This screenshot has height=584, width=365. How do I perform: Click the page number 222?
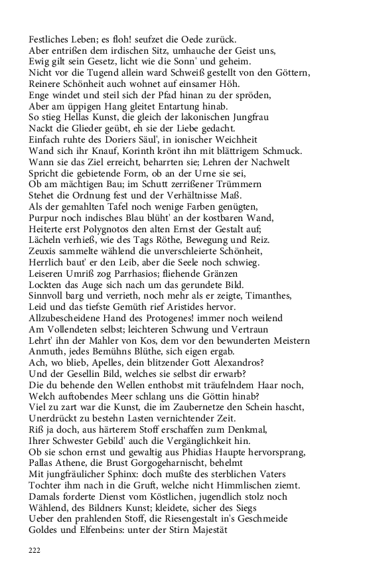point(35,550)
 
